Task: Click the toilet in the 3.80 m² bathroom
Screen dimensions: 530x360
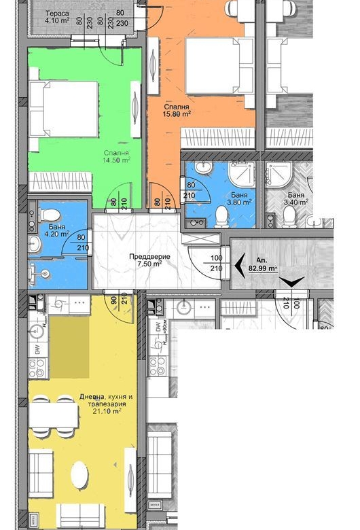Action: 221,217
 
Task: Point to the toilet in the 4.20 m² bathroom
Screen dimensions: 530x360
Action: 49,215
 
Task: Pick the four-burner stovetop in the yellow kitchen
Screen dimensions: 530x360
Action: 36,369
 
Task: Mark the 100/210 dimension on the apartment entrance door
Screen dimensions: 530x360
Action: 216,263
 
